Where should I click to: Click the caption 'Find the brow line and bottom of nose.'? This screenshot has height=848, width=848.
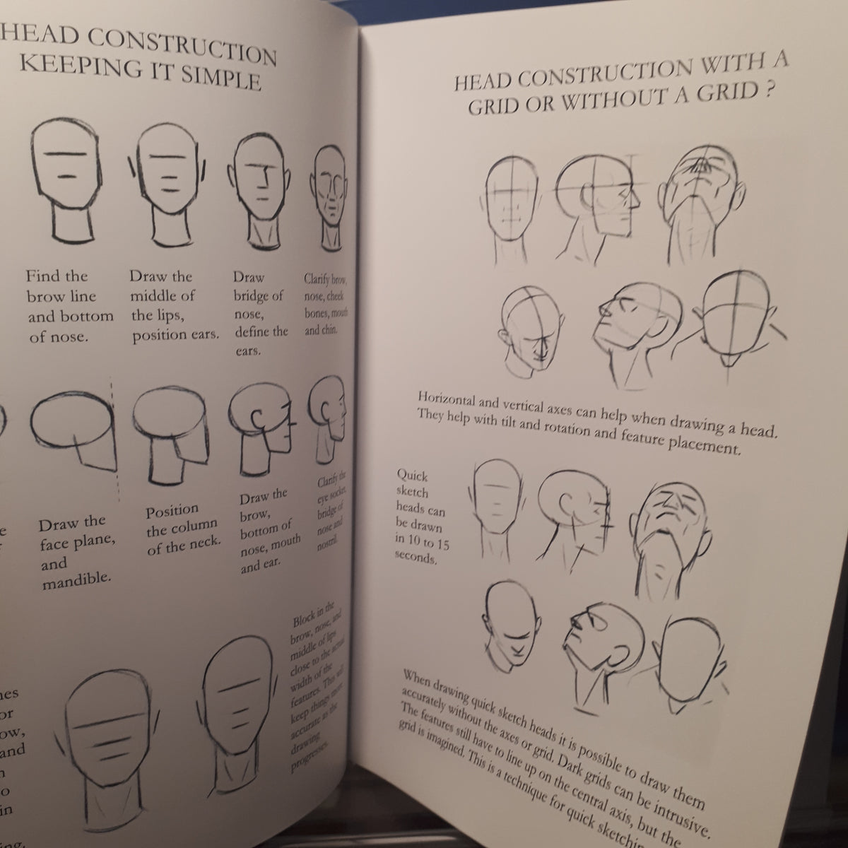tap(70, 306)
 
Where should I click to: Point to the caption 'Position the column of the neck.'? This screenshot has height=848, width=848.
tap(182, 528)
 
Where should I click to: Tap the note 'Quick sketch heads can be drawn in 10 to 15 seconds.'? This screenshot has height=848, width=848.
tap(423, 517)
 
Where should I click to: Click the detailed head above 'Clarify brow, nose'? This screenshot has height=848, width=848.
tap(329, 191)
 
